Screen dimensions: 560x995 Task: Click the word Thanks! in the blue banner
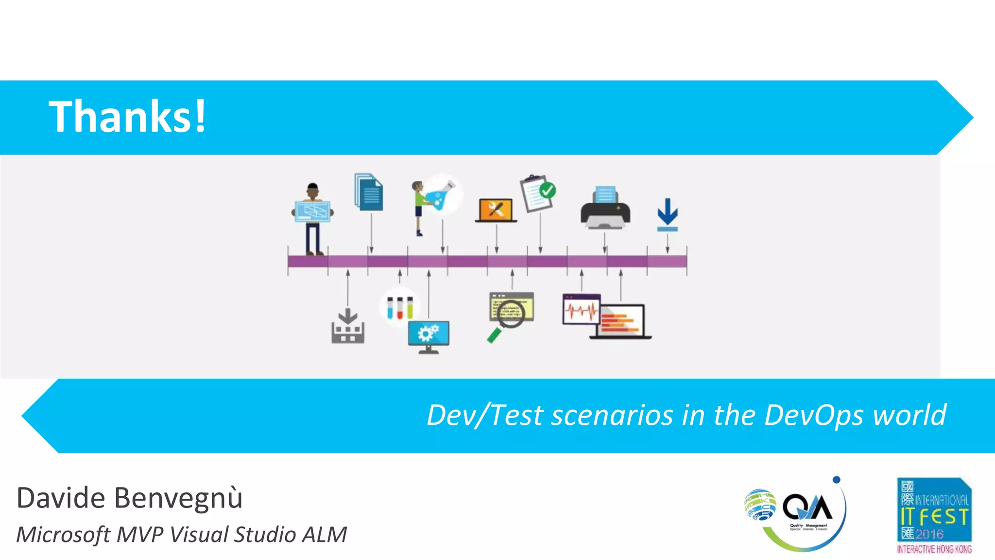pyautogui.click(x=127, y=116)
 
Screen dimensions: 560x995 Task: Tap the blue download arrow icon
pyautogui.click(x=668, y=214)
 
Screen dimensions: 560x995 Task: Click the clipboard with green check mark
pyautogui.click(x=538, y=193)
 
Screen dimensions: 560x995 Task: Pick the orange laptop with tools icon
pyautogui.click(x=496, y=210)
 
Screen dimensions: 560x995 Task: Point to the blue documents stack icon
pyautogui.click(x=369, y=192)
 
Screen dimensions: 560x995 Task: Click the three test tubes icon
pyautogui.click(x=399, y=307)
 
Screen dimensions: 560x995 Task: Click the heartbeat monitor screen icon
pyautogui.click(x=581, y=309)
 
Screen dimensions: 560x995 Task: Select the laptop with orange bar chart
pyautogui.click(x=621, y=322)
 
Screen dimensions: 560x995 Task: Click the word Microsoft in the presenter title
pyautogui.click(x=63, y=535)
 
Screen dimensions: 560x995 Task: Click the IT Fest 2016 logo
pyautogui.click(x=934, y=515)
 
